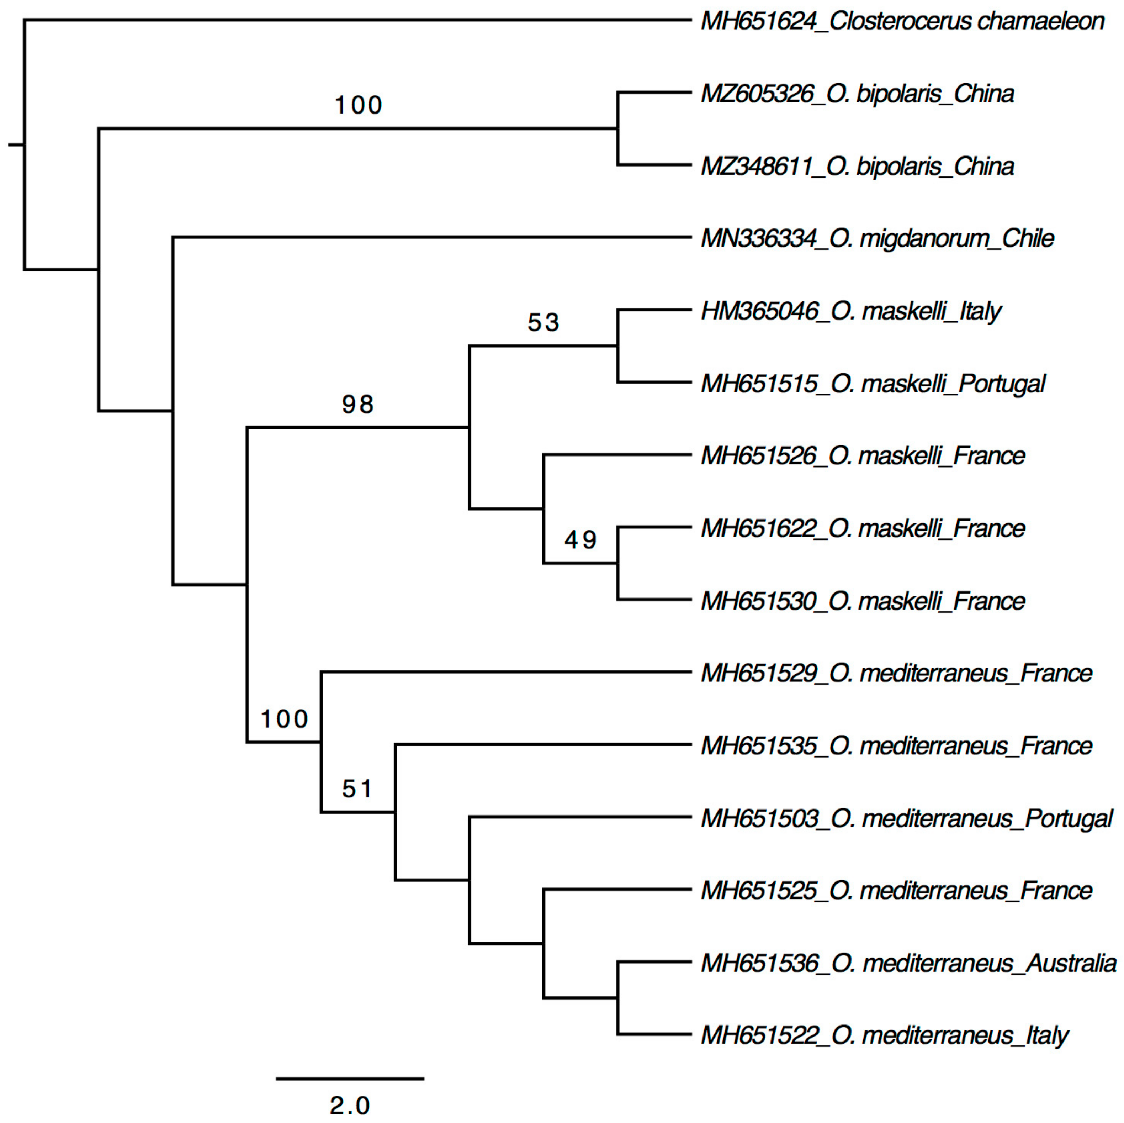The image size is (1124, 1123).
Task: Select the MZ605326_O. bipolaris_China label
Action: point(858,94)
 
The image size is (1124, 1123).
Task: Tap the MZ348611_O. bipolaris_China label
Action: point(858,167)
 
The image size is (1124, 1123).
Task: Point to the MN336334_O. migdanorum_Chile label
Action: point(878,238)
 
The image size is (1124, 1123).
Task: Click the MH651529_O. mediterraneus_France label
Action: point(896,673)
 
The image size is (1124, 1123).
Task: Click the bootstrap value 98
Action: point(357,404)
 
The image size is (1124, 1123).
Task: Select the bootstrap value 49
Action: point(580,540)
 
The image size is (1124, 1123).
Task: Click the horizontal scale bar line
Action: point(350,1078)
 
